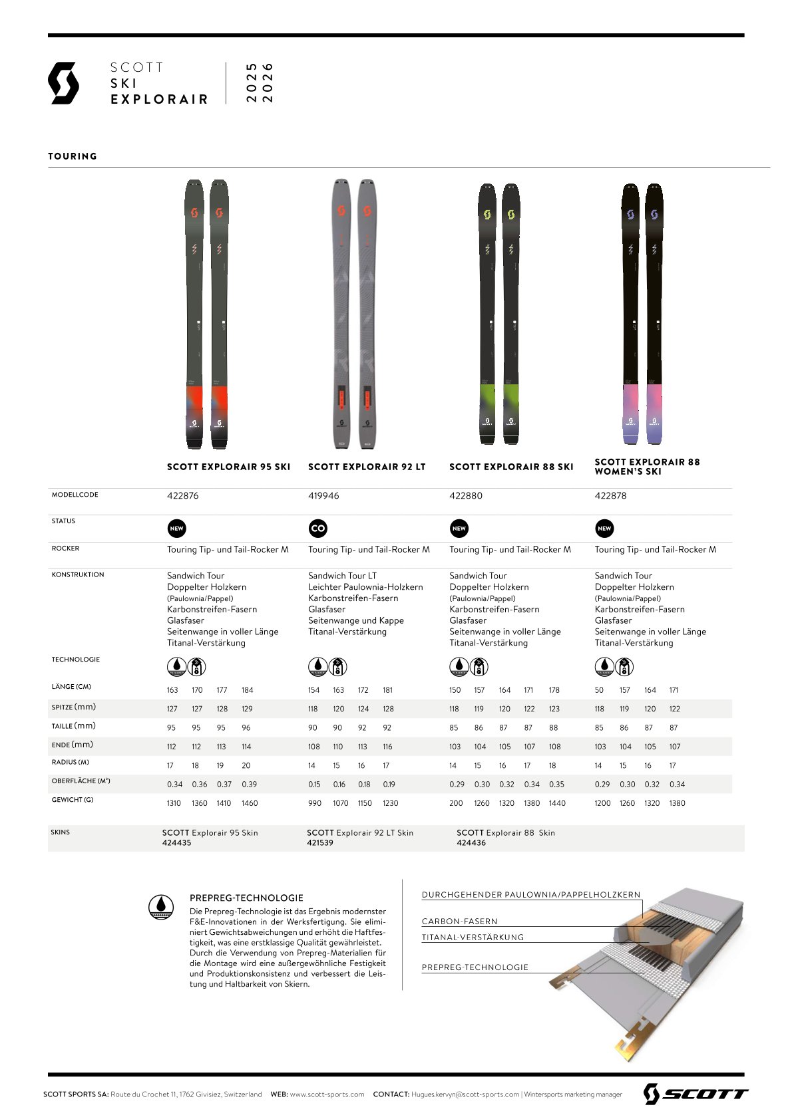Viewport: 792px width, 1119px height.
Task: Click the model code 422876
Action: pos(182,496)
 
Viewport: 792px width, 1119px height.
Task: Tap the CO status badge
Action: pos(318,529)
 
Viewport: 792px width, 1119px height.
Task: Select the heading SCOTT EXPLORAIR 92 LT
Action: pos(367,467)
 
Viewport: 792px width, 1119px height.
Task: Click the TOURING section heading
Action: pos(73,156)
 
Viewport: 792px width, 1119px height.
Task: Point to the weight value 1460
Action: pos(250,803)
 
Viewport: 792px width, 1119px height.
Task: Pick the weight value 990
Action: pos(315,803)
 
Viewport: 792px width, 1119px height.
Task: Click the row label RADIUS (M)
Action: pos(70,763)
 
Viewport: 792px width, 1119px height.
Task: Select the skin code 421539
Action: pos(320,842)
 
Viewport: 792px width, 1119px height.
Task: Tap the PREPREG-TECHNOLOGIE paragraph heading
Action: pos(246,898)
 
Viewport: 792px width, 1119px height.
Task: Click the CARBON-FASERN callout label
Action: pos(459,922)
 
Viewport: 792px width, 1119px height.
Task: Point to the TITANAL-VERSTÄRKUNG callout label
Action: pos(473,937)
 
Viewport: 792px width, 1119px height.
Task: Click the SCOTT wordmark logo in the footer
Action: pos(695,1094)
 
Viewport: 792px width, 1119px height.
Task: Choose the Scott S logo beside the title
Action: pos(63,83)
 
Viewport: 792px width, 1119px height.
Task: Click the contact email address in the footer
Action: pos(465,1094)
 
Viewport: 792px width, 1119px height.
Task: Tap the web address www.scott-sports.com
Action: pos(327,1094)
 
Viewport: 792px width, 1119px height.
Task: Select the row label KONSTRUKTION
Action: pos(78,574)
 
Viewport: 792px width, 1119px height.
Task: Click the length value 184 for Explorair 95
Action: pos(247,690)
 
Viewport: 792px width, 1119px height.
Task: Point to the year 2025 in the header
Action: pos(252,83)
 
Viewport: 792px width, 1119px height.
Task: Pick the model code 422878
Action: pos(610,496)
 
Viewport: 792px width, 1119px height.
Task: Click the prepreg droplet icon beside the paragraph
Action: pos(161,907)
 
